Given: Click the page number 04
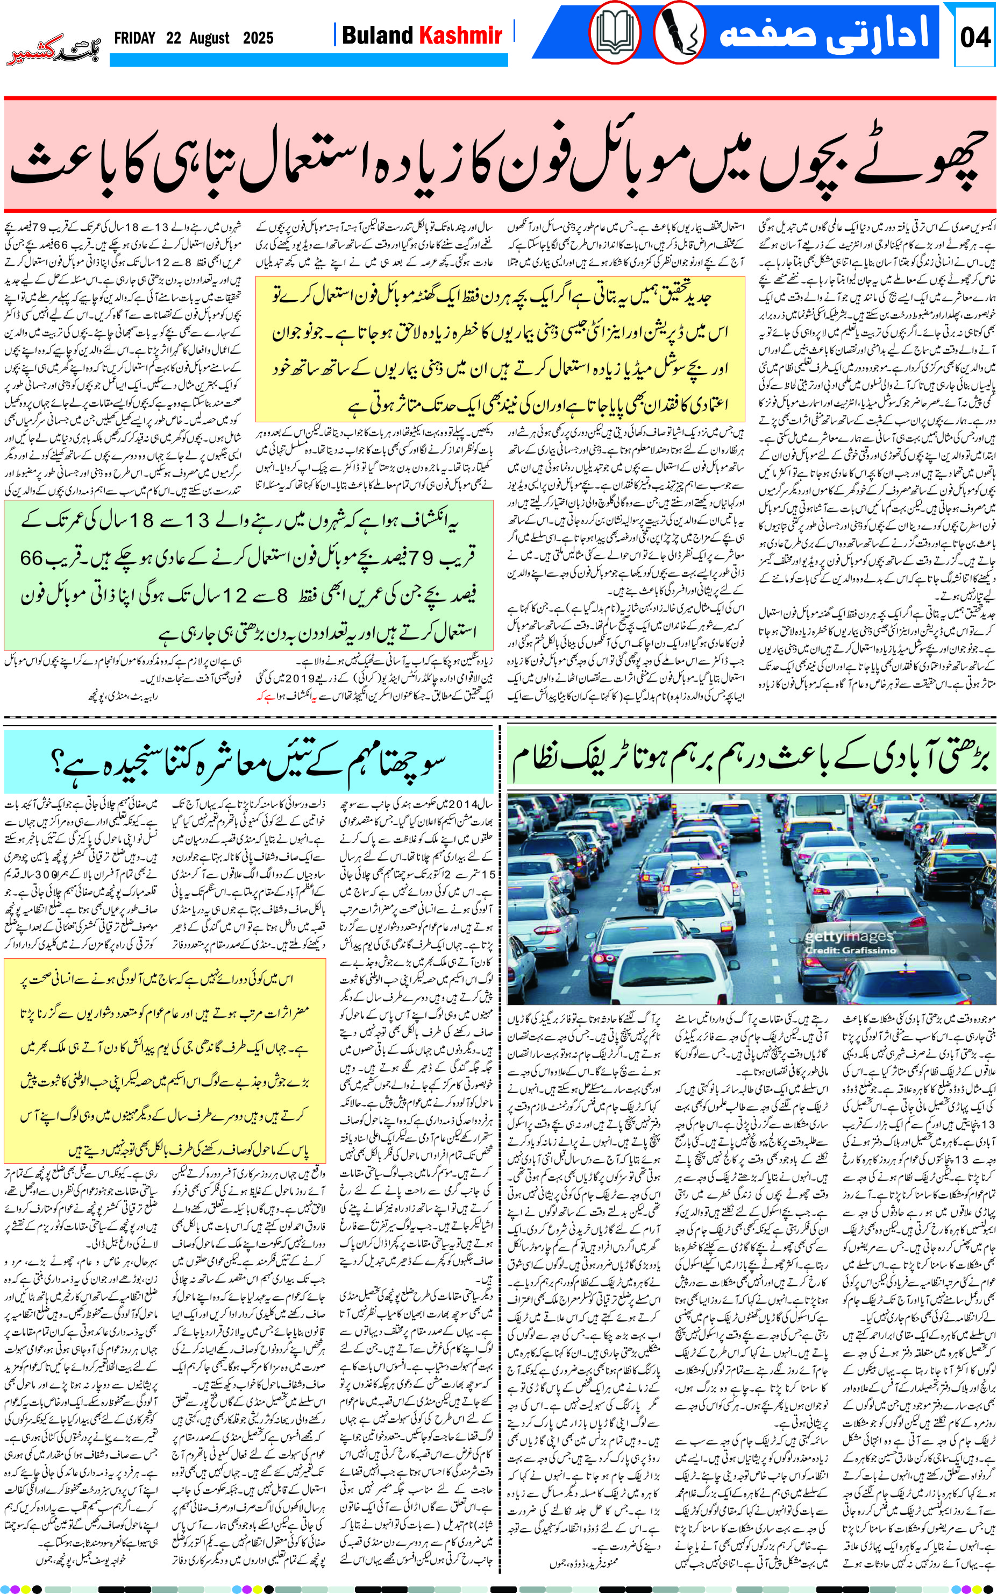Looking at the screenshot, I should pos(974,37).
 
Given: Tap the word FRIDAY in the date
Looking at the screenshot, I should pos(134,38).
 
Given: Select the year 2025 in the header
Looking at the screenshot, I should pos(258,38).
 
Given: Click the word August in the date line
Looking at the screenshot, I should pos(209,38).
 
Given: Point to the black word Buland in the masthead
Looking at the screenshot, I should pos(378,35).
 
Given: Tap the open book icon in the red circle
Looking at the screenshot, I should pos(615,33).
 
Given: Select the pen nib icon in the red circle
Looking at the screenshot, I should pos(679,33).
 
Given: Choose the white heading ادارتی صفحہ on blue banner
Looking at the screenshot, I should pos(824,33).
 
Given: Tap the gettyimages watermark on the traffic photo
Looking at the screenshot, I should pos(849,937).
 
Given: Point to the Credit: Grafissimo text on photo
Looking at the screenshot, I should pos(851,951).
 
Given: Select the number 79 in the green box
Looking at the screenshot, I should pos(424,558).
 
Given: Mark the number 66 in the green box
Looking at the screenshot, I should pos(31,558).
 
